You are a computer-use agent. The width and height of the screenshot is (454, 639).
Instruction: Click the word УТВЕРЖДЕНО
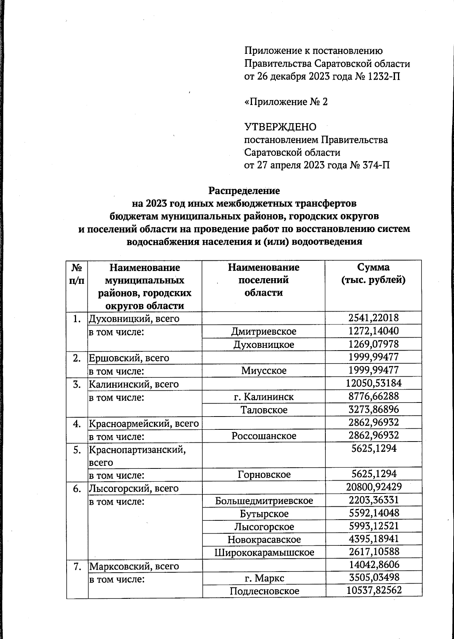[x=280, y=127]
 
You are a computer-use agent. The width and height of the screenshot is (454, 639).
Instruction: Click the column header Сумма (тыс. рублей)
[x=373, y=274]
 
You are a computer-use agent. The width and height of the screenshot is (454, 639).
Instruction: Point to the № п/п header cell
[x=77, y=274]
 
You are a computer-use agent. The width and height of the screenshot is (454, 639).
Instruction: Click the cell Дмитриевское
[x=264, y=331]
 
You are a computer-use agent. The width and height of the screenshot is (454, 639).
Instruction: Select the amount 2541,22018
[x=373, y=318]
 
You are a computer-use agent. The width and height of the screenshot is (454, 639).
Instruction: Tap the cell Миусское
[x=264, y=370]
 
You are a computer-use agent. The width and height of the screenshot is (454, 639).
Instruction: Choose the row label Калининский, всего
[x=134, y=384]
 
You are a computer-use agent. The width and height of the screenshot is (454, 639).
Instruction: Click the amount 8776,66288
[x=373, y=396]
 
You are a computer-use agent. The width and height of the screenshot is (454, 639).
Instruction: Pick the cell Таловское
[x=264, y=410]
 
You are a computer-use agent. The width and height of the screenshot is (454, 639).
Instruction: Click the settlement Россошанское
[x=264, y=436]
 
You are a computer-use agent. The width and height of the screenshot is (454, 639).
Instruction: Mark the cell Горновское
[x=264, y=475]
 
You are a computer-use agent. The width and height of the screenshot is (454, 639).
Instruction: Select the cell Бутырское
[x=264, y=514]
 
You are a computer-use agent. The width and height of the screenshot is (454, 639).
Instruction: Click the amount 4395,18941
[x=373, y=539]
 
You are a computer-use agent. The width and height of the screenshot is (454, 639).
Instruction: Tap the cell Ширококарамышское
[x=264, y=552]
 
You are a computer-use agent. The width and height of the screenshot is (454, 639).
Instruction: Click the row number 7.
[x=77, y=566]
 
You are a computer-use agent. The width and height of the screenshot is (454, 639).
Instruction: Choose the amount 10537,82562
[x=373, y=590]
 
